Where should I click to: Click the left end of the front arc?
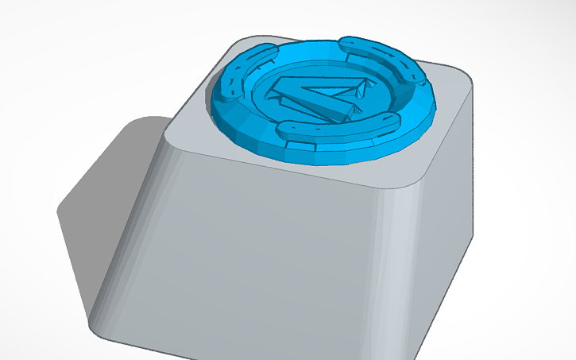(x=284, y=129)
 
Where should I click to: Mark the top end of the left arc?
(x=265, y=50)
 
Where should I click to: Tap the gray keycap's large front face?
(x=270, y=254)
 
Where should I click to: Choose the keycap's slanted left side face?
(x=127, y=230)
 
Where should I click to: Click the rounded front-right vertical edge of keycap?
(x=397, y=262)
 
